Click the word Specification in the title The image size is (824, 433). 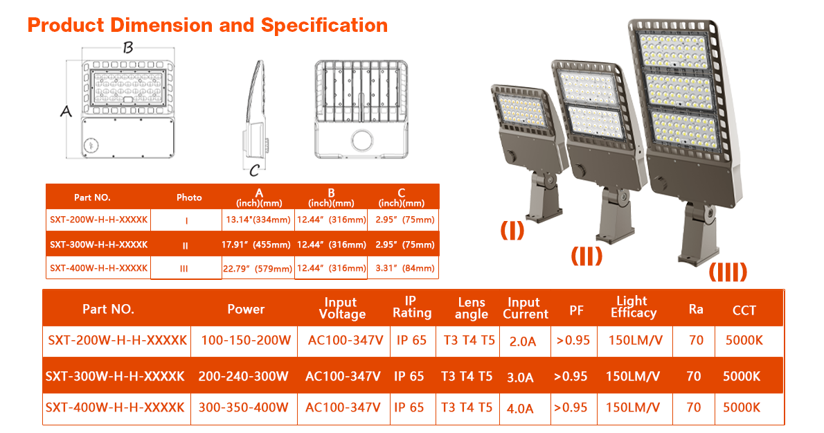pos(324,25)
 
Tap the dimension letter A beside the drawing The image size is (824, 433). pos(66,112)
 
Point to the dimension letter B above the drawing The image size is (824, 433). pos(127,48)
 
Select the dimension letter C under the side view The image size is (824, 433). pos(254,170)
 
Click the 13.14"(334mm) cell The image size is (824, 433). pos(258,220)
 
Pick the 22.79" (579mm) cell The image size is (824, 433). pos(258,269)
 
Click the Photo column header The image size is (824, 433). pos(189,197)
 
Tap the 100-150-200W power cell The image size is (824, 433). pos(246,341)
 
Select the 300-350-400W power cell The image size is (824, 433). pos(243,407)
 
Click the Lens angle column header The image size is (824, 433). pos(472,308)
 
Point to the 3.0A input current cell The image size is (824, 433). pos(520,378)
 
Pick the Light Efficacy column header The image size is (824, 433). pos(634,308)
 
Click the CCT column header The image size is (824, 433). pos(744,310)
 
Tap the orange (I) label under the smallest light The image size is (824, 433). pos(512,230)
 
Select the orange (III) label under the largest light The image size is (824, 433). pos(728,272)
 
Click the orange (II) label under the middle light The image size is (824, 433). pos(586,256)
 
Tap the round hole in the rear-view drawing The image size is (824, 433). pos(363,141)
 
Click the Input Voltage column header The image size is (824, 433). pos(342,308)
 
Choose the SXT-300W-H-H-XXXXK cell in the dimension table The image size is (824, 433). pos(99,245)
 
